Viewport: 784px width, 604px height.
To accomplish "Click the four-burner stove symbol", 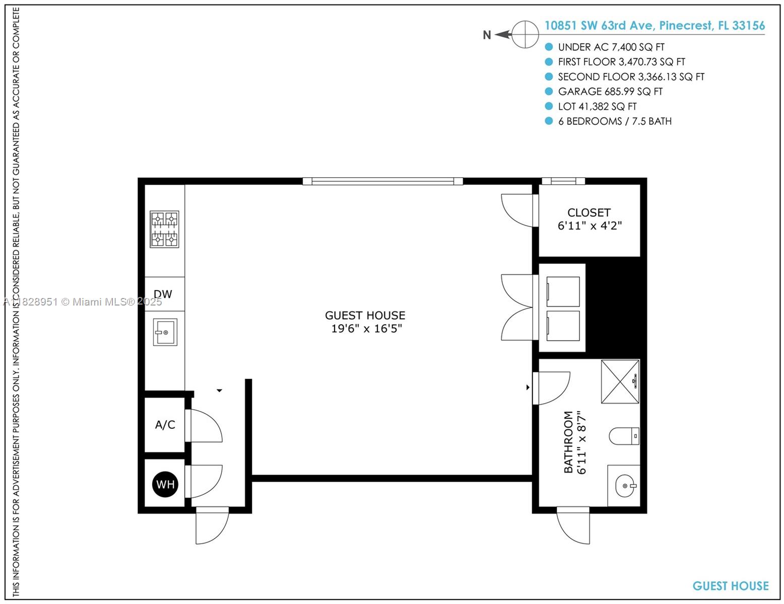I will [165, 229].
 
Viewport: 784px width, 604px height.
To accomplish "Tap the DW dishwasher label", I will [163, 294].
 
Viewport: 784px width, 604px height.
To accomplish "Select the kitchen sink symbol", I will [165, 332].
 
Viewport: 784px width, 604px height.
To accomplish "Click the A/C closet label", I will [165, 425].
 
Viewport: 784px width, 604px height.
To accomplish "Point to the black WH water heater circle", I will [165, 484].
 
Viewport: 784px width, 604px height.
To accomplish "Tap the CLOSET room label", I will [589, 212].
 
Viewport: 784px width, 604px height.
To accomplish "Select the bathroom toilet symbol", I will [624, 435].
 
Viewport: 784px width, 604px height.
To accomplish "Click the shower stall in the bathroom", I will [620, 382].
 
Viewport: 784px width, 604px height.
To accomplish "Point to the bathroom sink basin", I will [625, 486].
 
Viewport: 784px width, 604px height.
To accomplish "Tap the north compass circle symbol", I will [526, 34].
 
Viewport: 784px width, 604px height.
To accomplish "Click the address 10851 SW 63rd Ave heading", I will [654, 26].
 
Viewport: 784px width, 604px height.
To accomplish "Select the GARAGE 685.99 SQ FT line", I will [610, 92].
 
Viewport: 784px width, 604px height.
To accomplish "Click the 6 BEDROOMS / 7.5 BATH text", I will [615, 121].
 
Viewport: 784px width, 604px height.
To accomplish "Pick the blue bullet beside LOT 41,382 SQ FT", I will [549, 106].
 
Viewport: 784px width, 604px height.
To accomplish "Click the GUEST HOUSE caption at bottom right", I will [730, 586].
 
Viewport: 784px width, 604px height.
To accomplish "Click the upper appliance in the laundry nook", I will [563, 291].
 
